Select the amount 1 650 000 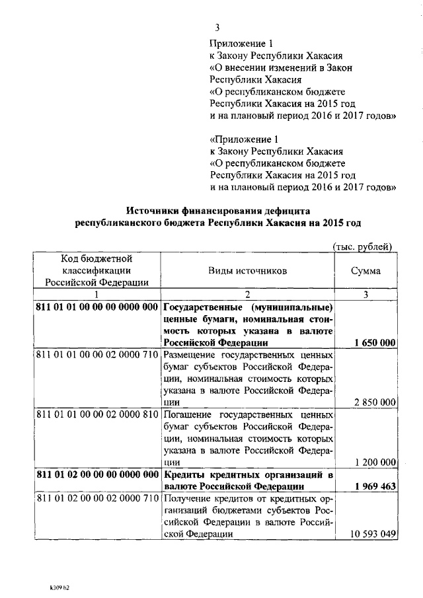pyautogui.click(x=375, y=342)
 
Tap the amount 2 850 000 pyautogui.click(x=375, y=402)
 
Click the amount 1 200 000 pyautogui.click(x=375, y=462)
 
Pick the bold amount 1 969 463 pyautogui.click(x=375, y=486)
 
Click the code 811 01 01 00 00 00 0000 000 pyautogui.click(x=96, y=307)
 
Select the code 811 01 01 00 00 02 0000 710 pyautogui.click(x=96, y=355)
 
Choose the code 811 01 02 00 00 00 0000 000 pyautogui.click(x=96, y=474)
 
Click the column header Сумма pyautogui.click(x=365, y=271)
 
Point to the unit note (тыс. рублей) pyautogui.click(x=362, y=246)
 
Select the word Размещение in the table pyautogui.click(x=193, y=355)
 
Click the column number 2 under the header pyautogui.click(x=247, y=295)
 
